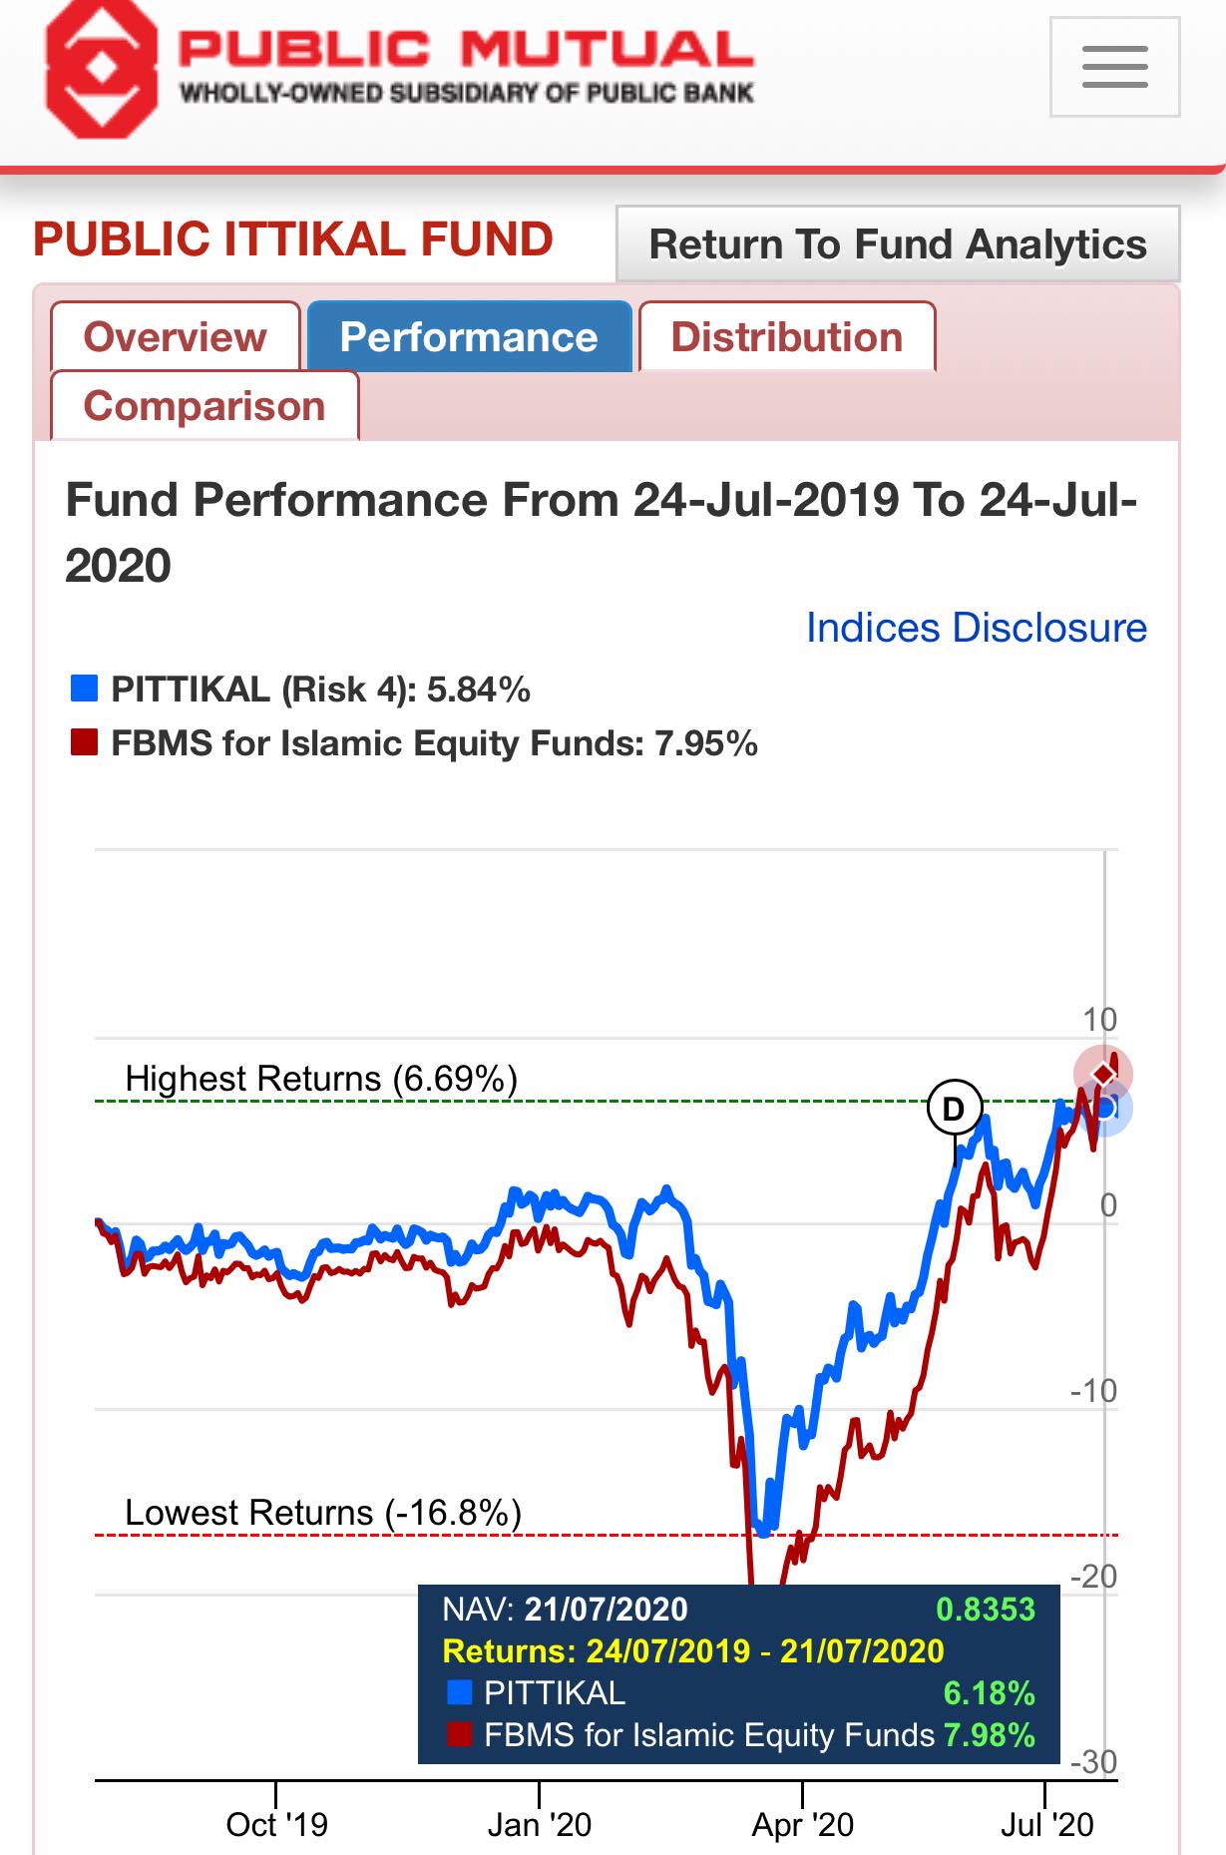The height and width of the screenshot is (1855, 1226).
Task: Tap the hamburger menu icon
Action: click(x=1114, y=67)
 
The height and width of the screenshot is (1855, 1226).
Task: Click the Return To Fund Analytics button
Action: click(x=898, y=244)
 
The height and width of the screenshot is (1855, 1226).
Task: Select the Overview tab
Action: click(x=176, y=337)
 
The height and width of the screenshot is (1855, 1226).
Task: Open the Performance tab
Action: click(x=469, y=337)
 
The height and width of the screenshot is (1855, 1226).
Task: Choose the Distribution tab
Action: click(x=787, y=337)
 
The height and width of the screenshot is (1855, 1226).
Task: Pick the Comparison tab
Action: click(x=204, y=406)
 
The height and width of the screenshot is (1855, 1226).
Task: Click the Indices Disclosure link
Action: click(x=977, y=628)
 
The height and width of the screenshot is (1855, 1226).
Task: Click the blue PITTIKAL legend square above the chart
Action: click(x=84, y=689)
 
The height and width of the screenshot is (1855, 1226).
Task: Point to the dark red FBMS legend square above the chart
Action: click(x=84, y=742)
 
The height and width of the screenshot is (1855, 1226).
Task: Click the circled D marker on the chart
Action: click(x=955, y=1108)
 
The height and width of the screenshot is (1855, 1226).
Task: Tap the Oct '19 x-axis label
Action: click(x=276, y=1825)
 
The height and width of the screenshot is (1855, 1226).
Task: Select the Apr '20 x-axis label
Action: click(x=802, y=1825)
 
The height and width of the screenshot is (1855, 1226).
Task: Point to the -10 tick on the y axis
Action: click(x=1093, y=1390)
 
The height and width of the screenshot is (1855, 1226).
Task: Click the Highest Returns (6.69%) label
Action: click(x=321, y=1079)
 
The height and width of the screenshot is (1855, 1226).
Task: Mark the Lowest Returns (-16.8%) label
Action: click(x=323, y=1513)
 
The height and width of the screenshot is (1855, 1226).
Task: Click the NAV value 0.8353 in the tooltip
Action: click(x=986, y=1610)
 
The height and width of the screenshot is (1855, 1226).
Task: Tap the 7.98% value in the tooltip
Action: click(x=990, y=1735)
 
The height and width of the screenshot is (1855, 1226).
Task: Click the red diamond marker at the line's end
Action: click(x=1103, y=1074)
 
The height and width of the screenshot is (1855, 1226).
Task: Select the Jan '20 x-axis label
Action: click(x=539, y=1825)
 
